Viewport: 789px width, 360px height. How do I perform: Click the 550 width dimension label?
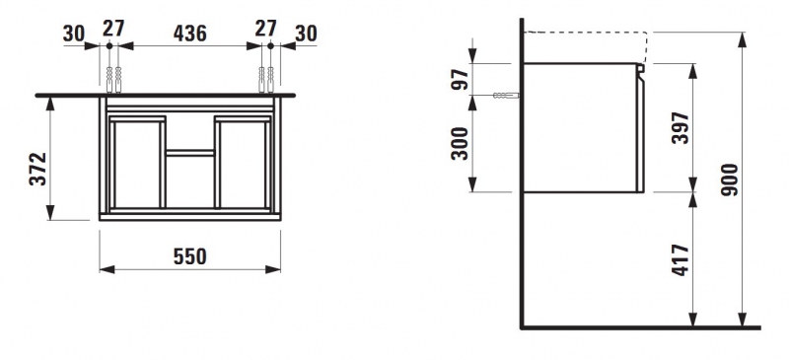coord(189,256)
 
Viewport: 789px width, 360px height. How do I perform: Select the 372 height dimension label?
coord(37,169)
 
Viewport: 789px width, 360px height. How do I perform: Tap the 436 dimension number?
coord(189,34)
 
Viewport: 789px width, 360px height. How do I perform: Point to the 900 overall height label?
coord(729,180)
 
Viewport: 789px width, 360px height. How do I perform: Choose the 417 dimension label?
coord(680,259)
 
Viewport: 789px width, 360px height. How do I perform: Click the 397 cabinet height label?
coord(680,128)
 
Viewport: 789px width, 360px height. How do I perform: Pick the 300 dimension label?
coord(459,143)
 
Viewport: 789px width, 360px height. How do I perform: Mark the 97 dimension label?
coord(459,79)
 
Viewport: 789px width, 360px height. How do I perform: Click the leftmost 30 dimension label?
coord(74,34)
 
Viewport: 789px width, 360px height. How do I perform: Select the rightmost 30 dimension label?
coord(306,34)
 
